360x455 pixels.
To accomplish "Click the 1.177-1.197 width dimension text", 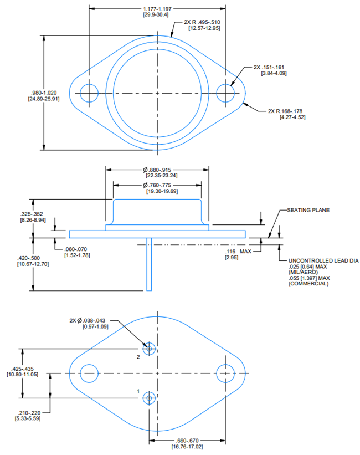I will (157, 9).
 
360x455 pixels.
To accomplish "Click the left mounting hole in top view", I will (89, 93).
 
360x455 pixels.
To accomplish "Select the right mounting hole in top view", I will (225, 93).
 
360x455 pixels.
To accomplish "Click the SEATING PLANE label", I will (308, 211).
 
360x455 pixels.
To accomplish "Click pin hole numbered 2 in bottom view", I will (149, 349).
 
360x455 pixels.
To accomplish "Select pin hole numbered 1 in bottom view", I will (149, 398).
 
